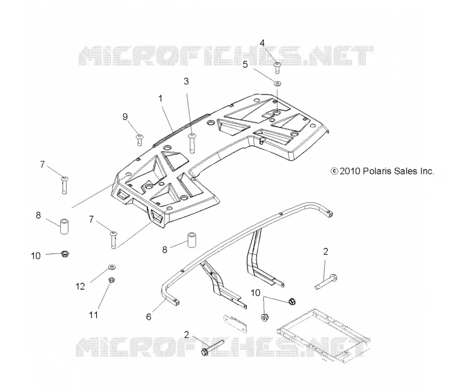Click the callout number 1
[160, 99]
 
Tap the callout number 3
[187, 81]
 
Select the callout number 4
[262, 43]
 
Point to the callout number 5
[245, 64]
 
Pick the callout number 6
[148, 317]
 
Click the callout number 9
[125, 117]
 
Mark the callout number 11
[93, 315]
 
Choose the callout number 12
[80, 286]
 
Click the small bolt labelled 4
[278, 68]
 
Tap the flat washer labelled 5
[278, 84]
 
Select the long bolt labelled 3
[192, 143]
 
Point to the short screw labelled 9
[140, 139]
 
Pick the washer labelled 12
[112, 267]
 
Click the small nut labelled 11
[111, 280]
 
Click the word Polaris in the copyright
[377, 171]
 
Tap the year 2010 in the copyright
[350, 171]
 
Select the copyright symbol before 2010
[334, 171]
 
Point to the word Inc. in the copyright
[426, 171]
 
